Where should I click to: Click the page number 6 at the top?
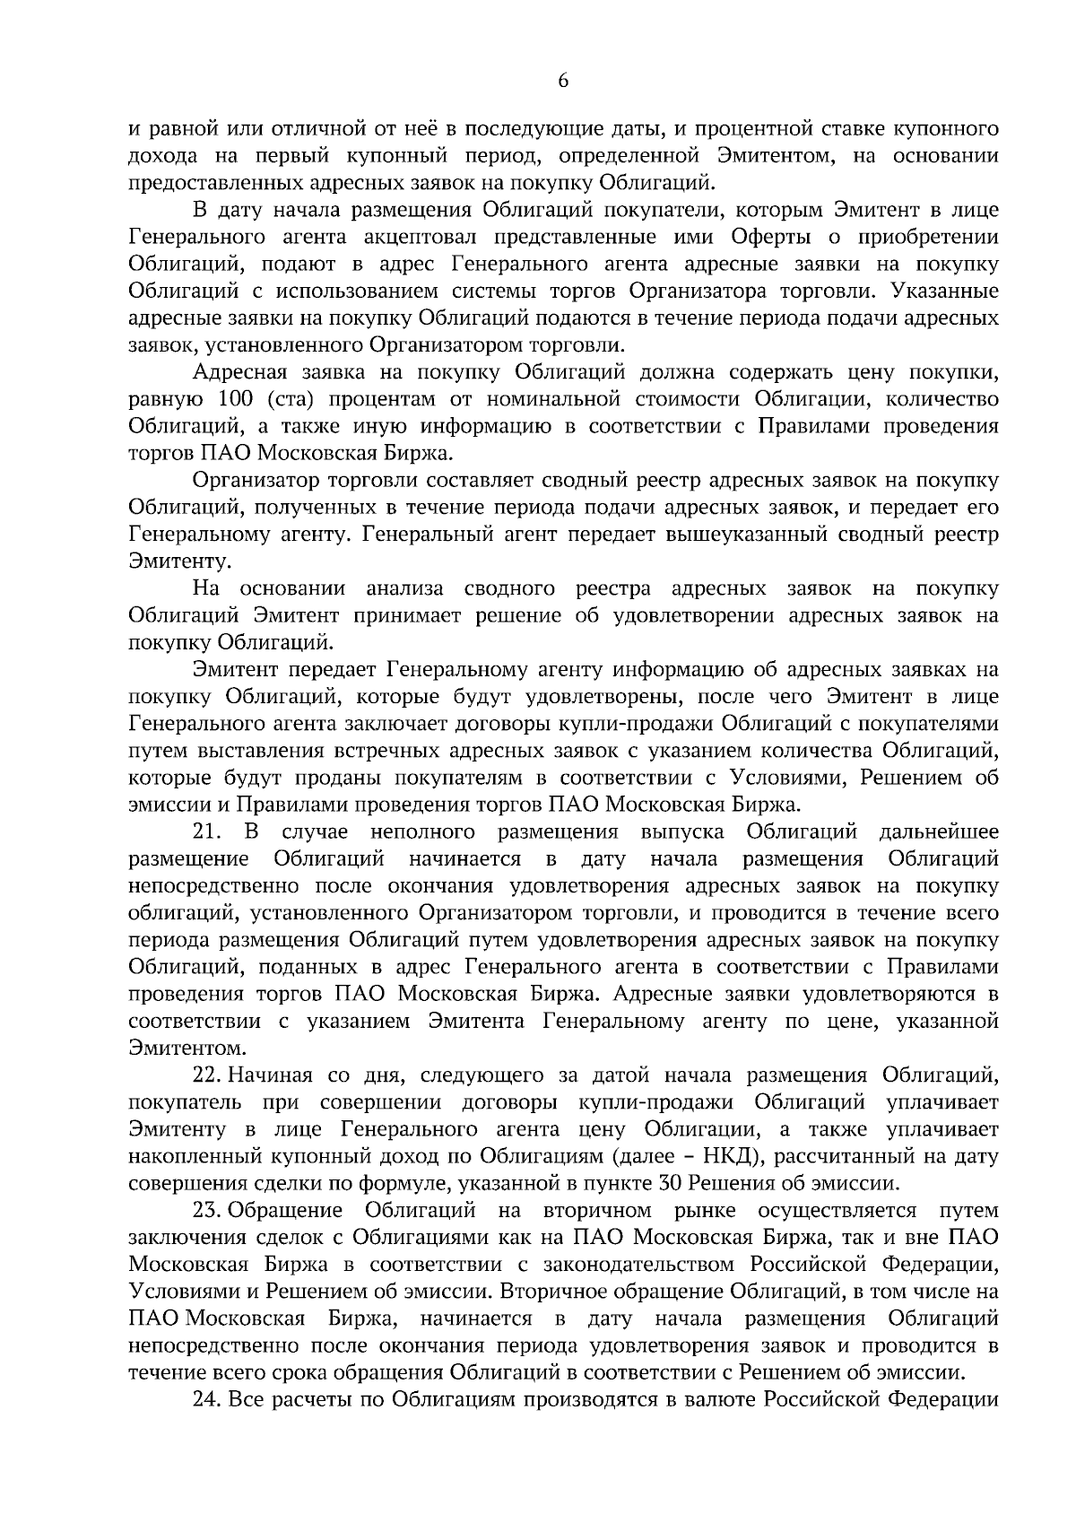tap(563, 80)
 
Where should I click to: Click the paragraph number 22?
tap(208, 1075)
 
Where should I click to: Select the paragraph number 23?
tap(208, 1211)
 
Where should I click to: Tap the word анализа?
tap(405, 588)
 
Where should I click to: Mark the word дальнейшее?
tap(940, 831)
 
